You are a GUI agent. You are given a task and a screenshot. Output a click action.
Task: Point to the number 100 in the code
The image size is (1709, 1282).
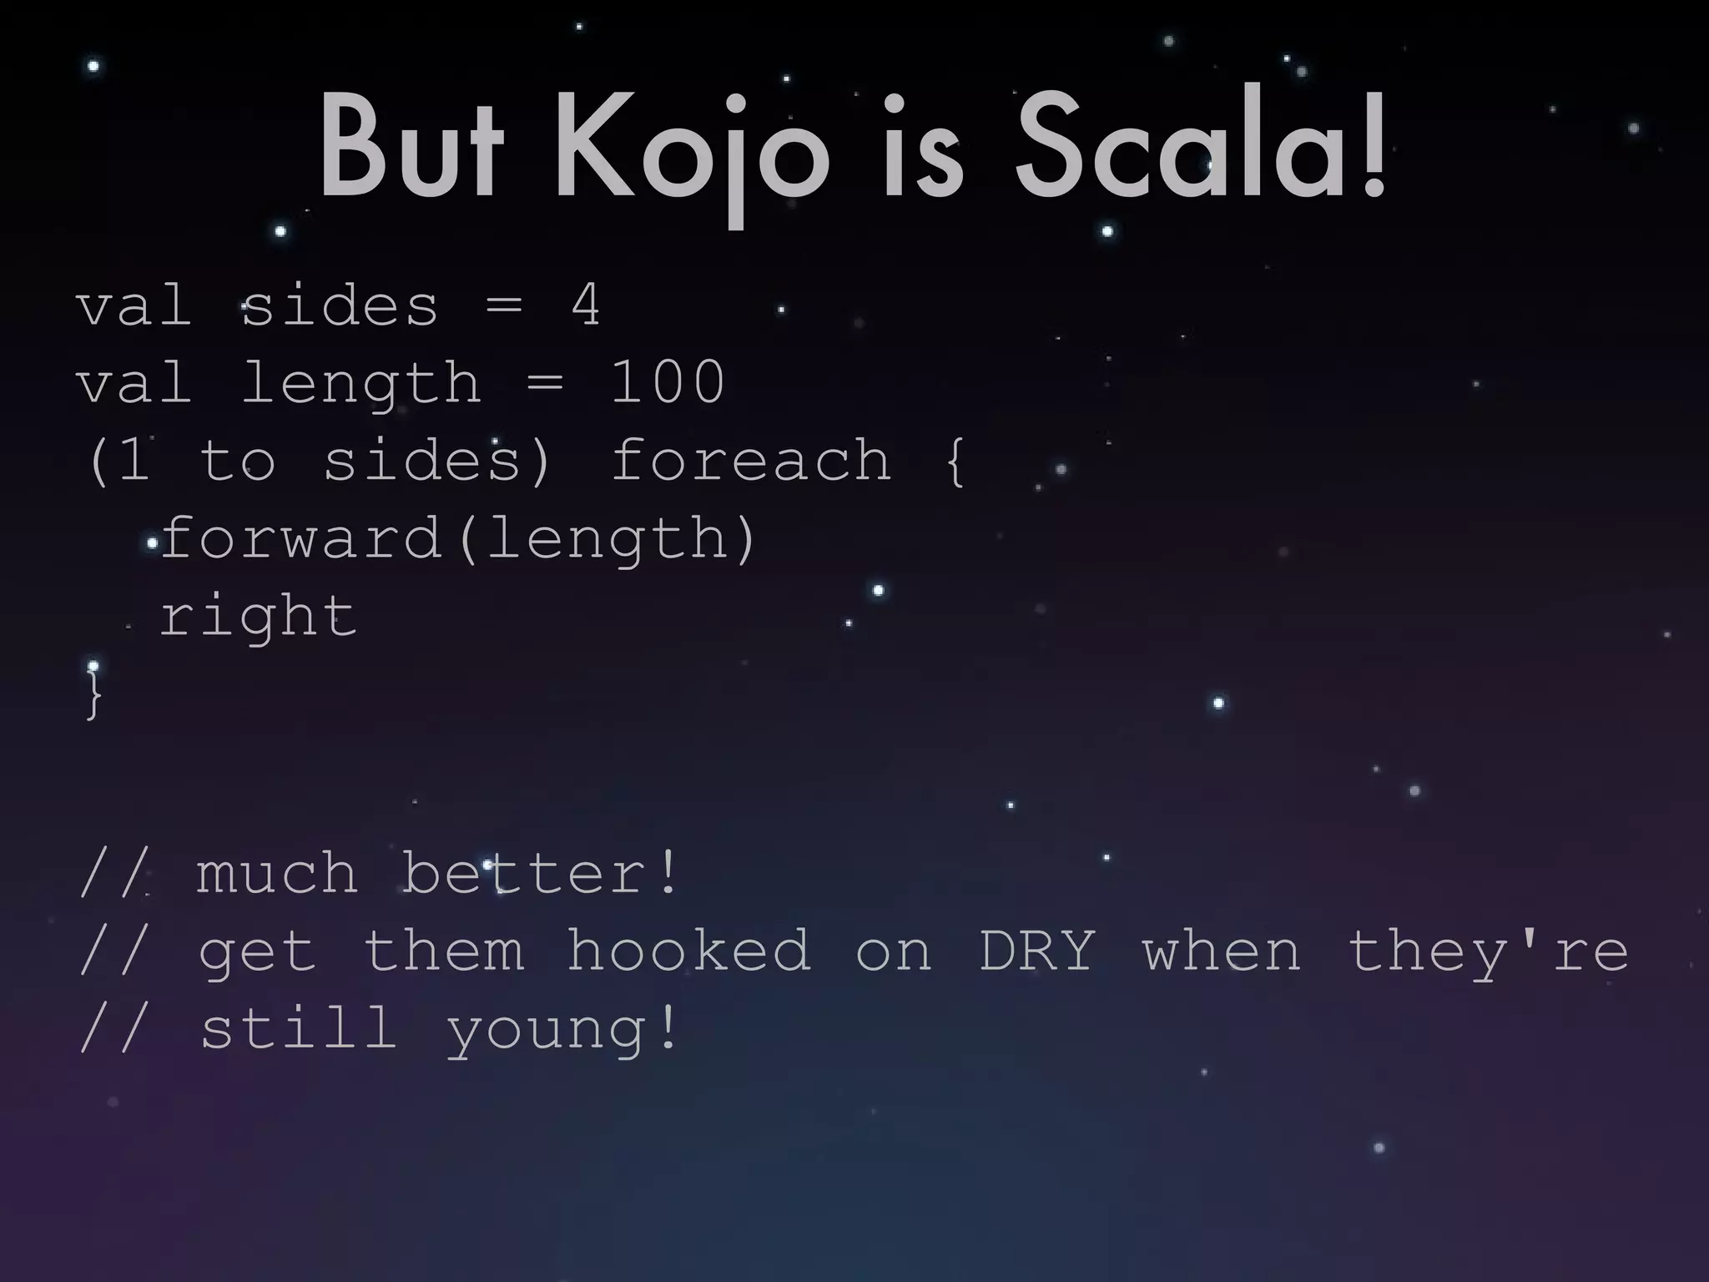pyautogui.click(x=668, y=382)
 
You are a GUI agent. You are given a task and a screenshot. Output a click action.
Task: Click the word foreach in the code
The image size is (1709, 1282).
pyautogui.click(x=751, y=460)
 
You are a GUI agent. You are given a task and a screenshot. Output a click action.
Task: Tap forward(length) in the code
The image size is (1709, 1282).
pyautogui.click(x=457, y=538)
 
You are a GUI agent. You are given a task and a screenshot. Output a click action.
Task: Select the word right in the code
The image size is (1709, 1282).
pyautogui.click(x=258, y=618)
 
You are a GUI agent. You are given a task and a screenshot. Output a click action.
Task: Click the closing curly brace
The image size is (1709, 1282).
pyautogui.click(x=93, y=694)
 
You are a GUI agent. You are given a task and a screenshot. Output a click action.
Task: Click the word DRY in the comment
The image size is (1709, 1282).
pyautogui.click(x=1036, y=951)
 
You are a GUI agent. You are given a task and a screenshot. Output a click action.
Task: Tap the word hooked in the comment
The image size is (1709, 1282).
pyautogui.click(x=688, y=951)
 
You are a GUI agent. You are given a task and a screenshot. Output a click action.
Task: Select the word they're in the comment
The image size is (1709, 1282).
pyautogui.click(x=1488, y=951)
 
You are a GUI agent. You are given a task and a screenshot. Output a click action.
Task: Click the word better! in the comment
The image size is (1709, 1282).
pyautogui.click(x=541, y=873)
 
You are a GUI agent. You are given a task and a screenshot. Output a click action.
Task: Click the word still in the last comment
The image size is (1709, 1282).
pyautogui.click(x=299, y=1028)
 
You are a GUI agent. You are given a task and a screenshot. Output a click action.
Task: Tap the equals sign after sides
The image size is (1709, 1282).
pyautogui.click(x=504, y=306)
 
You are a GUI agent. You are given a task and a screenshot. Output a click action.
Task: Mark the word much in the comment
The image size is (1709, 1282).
pyautogui.click(x=277, y=873)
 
